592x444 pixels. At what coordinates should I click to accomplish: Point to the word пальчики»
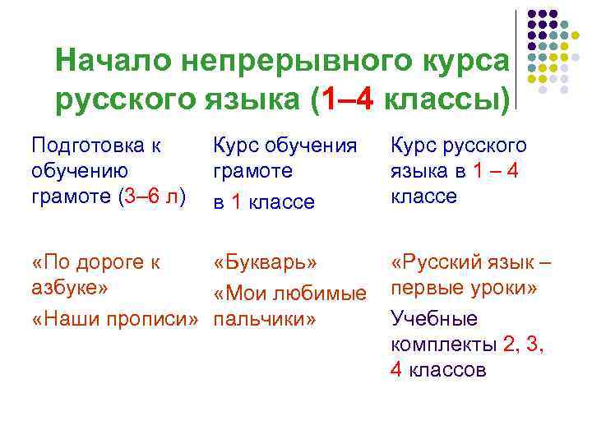(x=265, y=319)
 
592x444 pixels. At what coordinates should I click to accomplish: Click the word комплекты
(x=444, y=344)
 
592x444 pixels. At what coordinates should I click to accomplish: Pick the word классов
(x=448, y=370)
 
